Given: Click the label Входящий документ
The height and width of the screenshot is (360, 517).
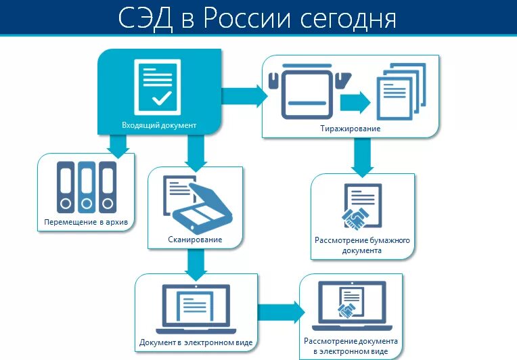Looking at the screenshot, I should [x=159, y=125].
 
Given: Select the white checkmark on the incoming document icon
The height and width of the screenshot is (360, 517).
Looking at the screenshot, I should [x=161, y=99].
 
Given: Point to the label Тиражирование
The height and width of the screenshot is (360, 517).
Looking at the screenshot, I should [x=351, y=128].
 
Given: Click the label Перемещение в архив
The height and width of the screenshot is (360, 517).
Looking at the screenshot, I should [x=85, y=222].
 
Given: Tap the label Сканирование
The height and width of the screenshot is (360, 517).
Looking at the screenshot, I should [x=195, y=240].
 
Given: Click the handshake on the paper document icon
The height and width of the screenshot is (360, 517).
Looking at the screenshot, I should [x=355, y=218].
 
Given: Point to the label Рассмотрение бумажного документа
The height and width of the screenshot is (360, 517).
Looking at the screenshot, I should [x=362, y=245].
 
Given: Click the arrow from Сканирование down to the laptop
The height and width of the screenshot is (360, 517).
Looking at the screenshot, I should [x=195, y=265].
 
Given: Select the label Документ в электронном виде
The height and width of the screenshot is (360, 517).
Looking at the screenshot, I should [x=196, y=342].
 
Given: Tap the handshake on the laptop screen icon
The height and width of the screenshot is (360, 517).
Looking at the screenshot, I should [x=348, y=311].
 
